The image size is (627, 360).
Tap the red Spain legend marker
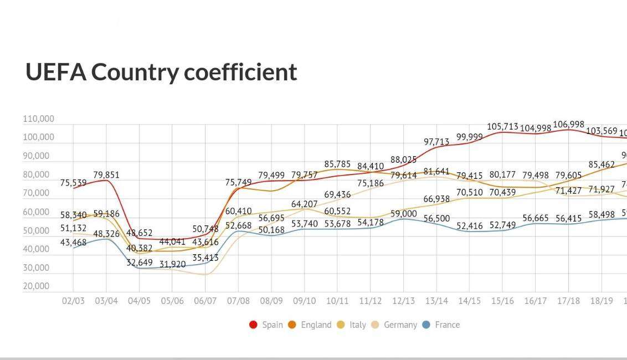click(254, 325)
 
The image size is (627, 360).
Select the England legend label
click(316, 325)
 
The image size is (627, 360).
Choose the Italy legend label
click(358, 325)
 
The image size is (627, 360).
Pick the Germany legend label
click(400, 325)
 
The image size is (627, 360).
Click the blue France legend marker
click(426, 325)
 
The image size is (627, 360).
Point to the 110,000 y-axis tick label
click(39, 119)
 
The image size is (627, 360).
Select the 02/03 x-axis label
click(73, 301)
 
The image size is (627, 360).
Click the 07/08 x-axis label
click(238, 301)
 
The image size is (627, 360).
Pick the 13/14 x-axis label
click(436, 301)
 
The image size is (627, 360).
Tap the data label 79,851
click(106, 175)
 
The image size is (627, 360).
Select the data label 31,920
click(172, 265)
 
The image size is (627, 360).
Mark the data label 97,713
click(436, 142)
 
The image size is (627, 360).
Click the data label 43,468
click(73, 242)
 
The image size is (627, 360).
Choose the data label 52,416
click(469, 226)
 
